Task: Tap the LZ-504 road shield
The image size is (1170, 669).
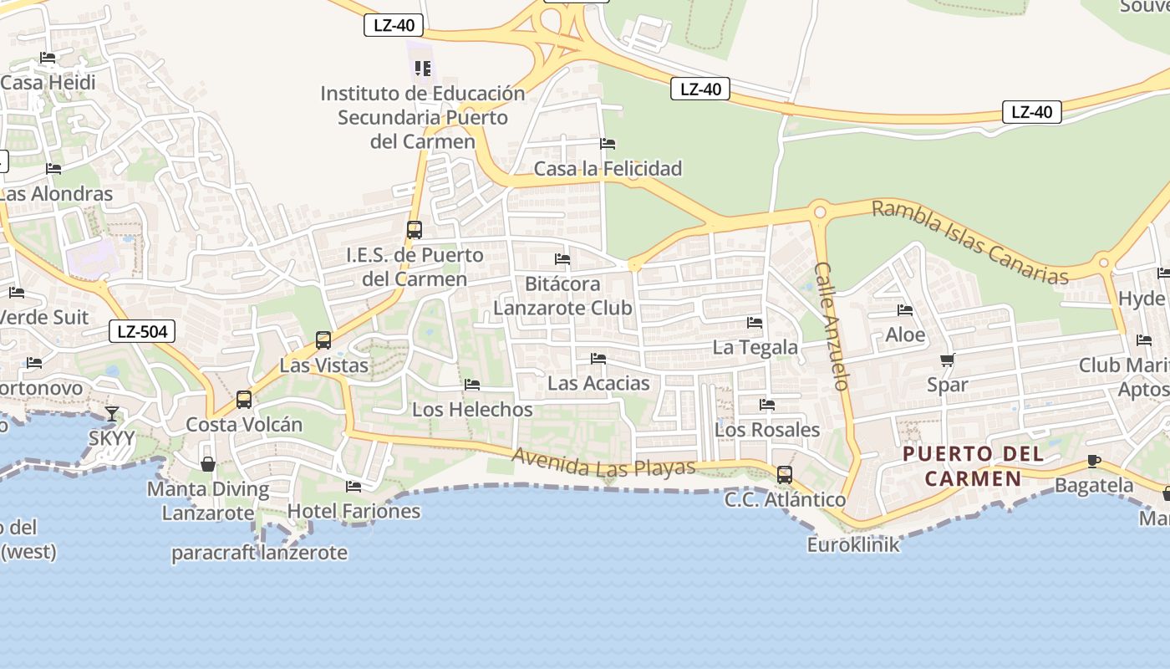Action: (x=142, y=332)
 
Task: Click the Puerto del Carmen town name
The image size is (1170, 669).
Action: (x=974, y=467)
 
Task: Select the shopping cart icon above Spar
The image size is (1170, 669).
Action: (x=947, y=360)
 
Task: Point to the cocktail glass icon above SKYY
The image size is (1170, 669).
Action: (x=112, y=414)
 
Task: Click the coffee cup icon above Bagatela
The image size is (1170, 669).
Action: (x=1093, y=461)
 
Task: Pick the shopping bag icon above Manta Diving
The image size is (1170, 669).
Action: (x=208, y=464)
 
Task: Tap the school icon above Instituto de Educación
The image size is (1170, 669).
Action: (x=423, y=69)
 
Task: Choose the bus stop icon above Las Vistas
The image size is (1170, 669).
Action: (x=323, y=340)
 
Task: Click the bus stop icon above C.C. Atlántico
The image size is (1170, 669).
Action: (x=785, y=475)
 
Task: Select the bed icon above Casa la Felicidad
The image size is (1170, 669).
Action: (x=608, y=144)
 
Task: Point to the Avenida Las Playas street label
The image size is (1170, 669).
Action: (x=603, y=462)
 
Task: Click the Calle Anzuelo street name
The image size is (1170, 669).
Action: (x=832, y=326)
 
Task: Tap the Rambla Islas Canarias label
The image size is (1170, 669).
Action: (x=969, y=242)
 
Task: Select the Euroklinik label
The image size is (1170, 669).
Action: (x=853, y=544)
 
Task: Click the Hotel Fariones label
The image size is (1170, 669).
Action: (x=354, y=510)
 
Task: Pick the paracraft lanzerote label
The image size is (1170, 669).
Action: (x=259, y=553)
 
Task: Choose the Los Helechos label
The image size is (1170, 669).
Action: (x=472, y=409)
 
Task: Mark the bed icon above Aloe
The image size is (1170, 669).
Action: (x=905, y=310)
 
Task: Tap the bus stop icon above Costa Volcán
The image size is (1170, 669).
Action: (x=244, y=400)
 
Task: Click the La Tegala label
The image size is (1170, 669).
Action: (x=755, y=346)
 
